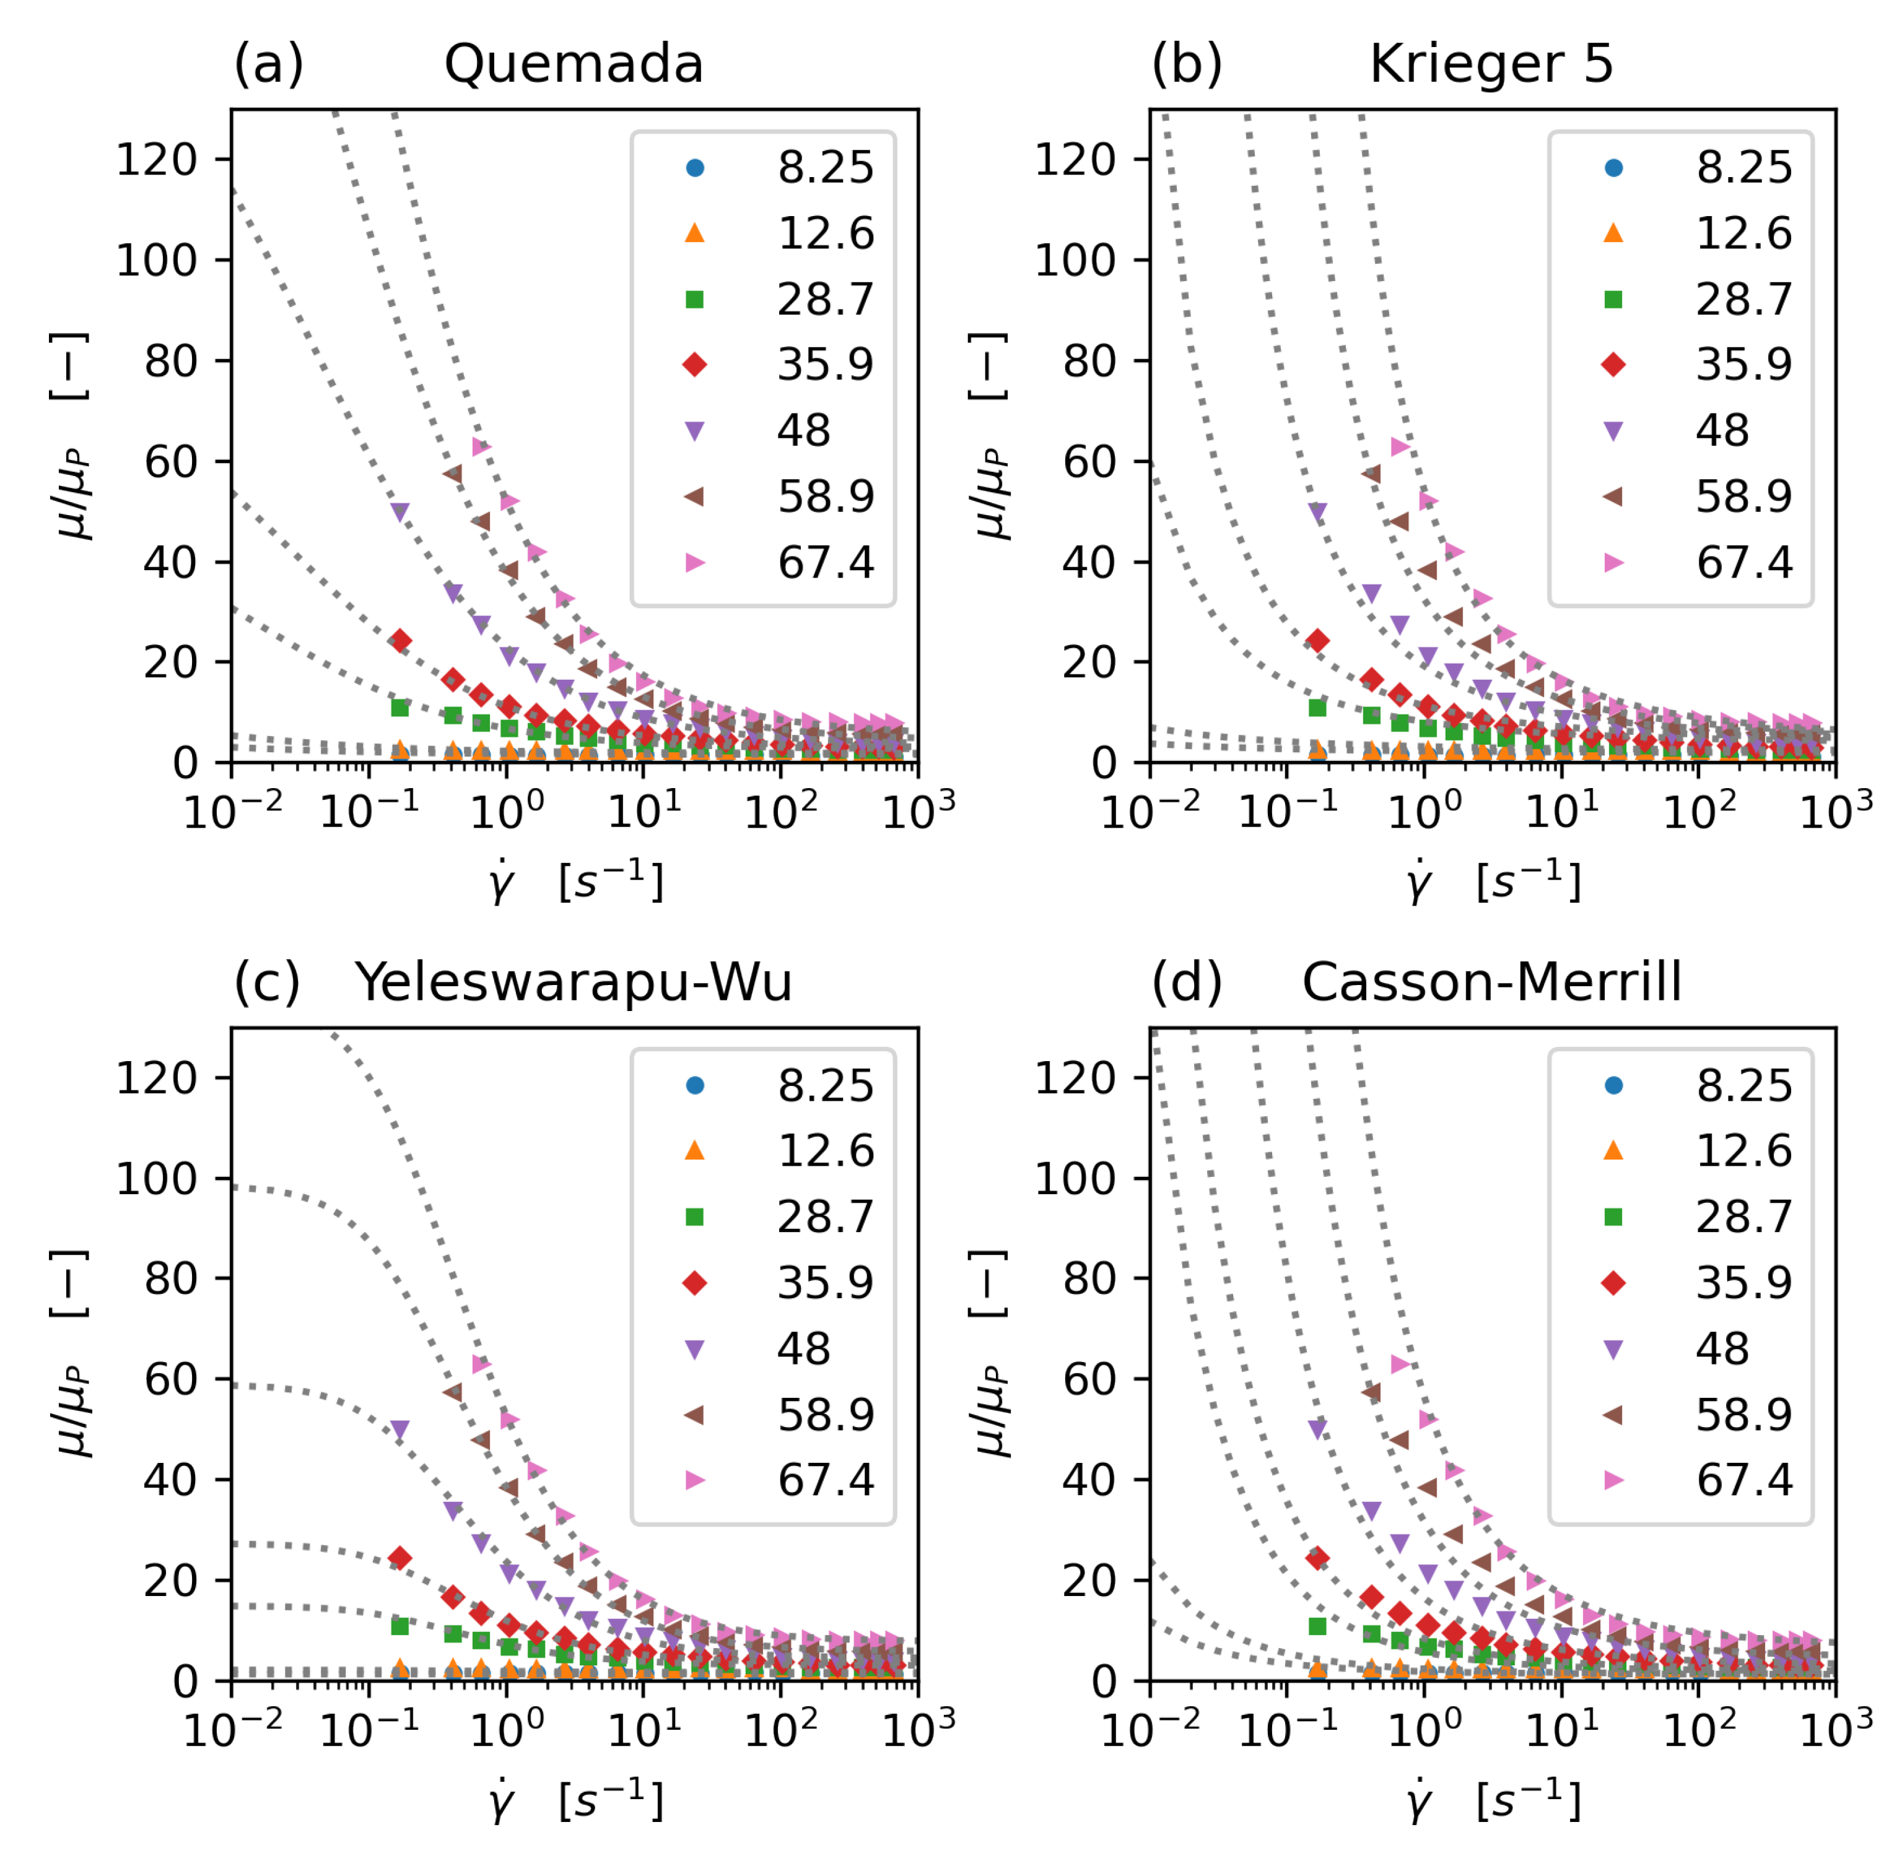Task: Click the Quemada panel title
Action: point(574,64)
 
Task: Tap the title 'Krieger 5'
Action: point(1491,64)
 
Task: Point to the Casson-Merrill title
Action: point(1491,983)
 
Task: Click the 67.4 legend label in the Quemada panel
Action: point(826,563)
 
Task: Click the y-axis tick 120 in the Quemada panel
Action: point(157,159)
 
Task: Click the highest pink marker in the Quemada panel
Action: point(481,447)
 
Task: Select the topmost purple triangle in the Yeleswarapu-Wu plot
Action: point(400,1430)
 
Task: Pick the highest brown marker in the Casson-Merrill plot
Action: point(1372,1392)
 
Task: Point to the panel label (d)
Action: point(1186,983)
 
